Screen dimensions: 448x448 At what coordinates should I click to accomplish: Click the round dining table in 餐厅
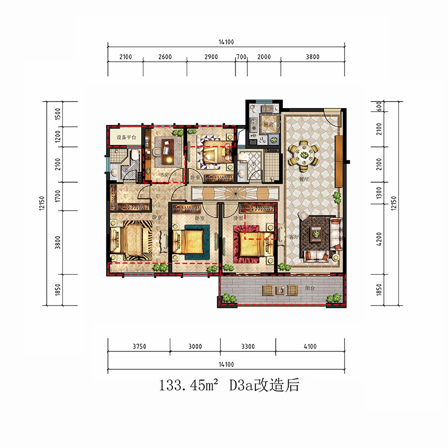[x=304, y=153]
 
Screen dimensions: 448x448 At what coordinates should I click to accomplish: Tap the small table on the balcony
[x=282, y=290]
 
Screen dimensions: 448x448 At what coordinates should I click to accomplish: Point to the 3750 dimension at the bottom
[x=139, y=347]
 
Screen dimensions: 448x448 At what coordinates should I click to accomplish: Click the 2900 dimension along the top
[x=211, y=57]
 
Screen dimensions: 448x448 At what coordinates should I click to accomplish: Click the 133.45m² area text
[x=189, y=385]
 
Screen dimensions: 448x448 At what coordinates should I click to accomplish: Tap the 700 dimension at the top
[x=241, y=57]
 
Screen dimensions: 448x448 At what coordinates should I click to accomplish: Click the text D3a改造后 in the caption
[x=264, y=385]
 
